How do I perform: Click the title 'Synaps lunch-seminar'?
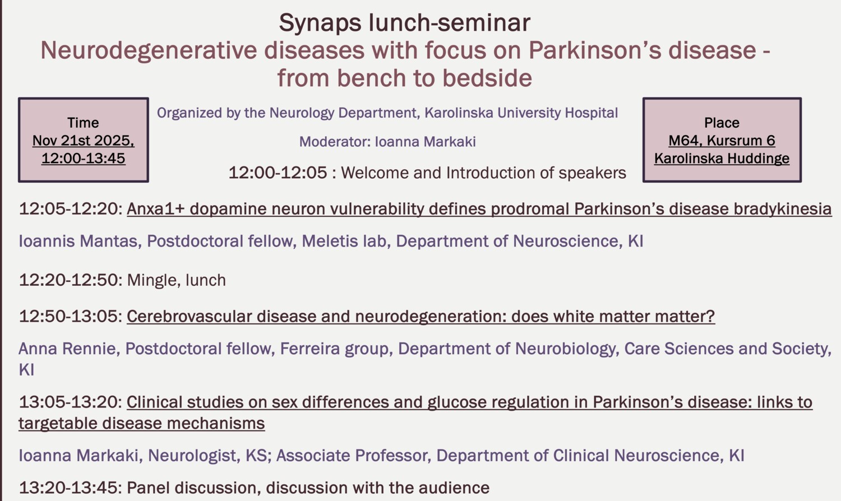pos(404,23)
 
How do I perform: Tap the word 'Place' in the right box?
pos(722,123)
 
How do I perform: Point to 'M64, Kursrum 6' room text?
pos(722,141)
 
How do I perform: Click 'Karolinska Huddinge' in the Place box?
pos(722,159)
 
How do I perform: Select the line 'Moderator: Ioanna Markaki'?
pos(387,142)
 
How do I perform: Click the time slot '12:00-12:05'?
pos(278,173)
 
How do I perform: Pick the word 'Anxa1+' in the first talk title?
pos(156,209)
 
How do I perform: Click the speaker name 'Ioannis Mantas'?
pos(78,241)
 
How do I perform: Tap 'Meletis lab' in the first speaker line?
pos(344,241)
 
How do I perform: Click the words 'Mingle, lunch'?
pos(177,280)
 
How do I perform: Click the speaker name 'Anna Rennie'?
pos(67,349)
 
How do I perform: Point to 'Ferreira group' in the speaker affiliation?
pos(334,349)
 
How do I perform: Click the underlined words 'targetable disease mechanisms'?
pos(141,423)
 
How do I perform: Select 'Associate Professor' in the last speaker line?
pos(353,455)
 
